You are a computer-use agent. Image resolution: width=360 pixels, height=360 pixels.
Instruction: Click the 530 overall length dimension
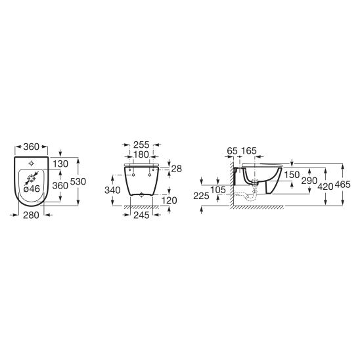pyautogui.click(x=78, y=181)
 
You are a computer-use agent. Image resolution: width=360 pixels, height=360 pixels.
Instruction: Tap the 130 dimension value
pyautogui.click(x=60, y=164)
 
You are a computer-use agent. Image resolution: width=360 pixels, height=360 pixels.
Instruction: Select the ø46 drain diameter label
pyautogui.click(x=32, y=189)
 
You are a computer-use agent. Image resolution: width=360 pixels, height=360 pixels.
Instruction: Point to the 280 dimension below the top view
pyautogui.click(x=31, y=215)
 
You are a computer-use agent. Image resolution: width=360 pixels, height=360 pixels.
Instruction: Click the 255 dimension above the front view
pyautogui.click(x=141, y=145)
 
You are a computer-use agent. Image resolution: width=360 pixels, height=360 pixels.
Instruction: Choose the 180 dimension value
pyautogui.click(x=141, y=155)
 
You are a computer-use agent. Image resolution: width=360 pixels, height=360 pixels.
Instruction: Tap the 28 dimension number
pyautogui.click(x=177, y=169)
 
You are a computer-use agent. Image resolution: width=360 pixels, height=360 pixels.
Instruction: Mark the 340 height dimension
pyautogui.click(x=112, y=191)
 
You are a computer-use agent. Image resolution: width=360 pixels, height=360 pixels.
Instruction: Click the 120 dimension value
pyautogui.click(x=169, y=200)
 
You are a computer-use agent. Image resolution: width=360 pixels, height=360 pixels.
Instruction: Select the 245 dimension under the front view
pyautogui.click(x=141, y=215)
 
